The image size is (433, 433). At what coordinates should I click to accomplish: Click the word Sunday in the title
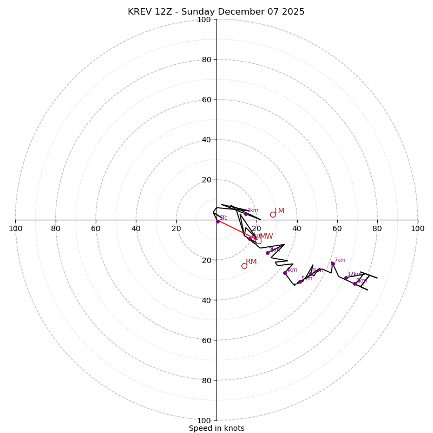coord(203,12)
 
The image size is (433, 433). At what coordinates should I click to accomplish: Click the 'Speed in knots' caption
coord(216,428)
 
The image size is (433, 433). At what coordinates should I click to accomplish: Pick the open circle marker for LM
coord(273,214)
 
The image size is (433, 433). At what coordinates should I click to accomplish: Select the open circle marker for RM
coord(244,266)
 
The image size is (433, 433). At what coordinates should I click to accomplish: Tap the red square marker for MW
coord(258,240)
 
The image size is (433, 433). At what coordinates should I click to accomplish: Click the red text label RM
coord(251,262)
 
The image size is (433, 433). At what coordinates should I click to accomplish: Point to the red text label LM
coord(279,211)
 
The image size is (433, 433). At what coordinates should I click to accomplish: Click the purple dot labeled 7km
coord(333,264)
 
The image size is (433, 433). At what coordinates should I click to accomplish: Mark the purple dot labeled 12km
coord(346,278)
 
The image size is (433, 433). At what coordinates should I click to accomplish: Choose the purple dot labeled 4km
coord(285,273)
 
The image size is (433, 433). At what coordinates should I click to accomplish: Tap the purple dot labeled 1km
coord(246,214)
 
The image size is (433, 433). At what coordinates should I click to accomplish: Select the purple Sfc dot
coord(218,221)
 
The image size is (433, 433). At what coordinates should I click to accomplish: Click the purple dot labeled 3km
coord(267,253)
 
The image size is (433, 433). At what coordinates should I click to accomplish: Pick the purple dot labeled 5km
coord(300,281)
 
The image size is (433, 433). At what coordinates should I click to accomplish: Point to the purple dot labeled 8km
coord(355,284)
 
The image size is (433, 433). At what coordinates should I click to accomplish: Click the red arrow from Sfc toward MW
coord(236,230)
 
